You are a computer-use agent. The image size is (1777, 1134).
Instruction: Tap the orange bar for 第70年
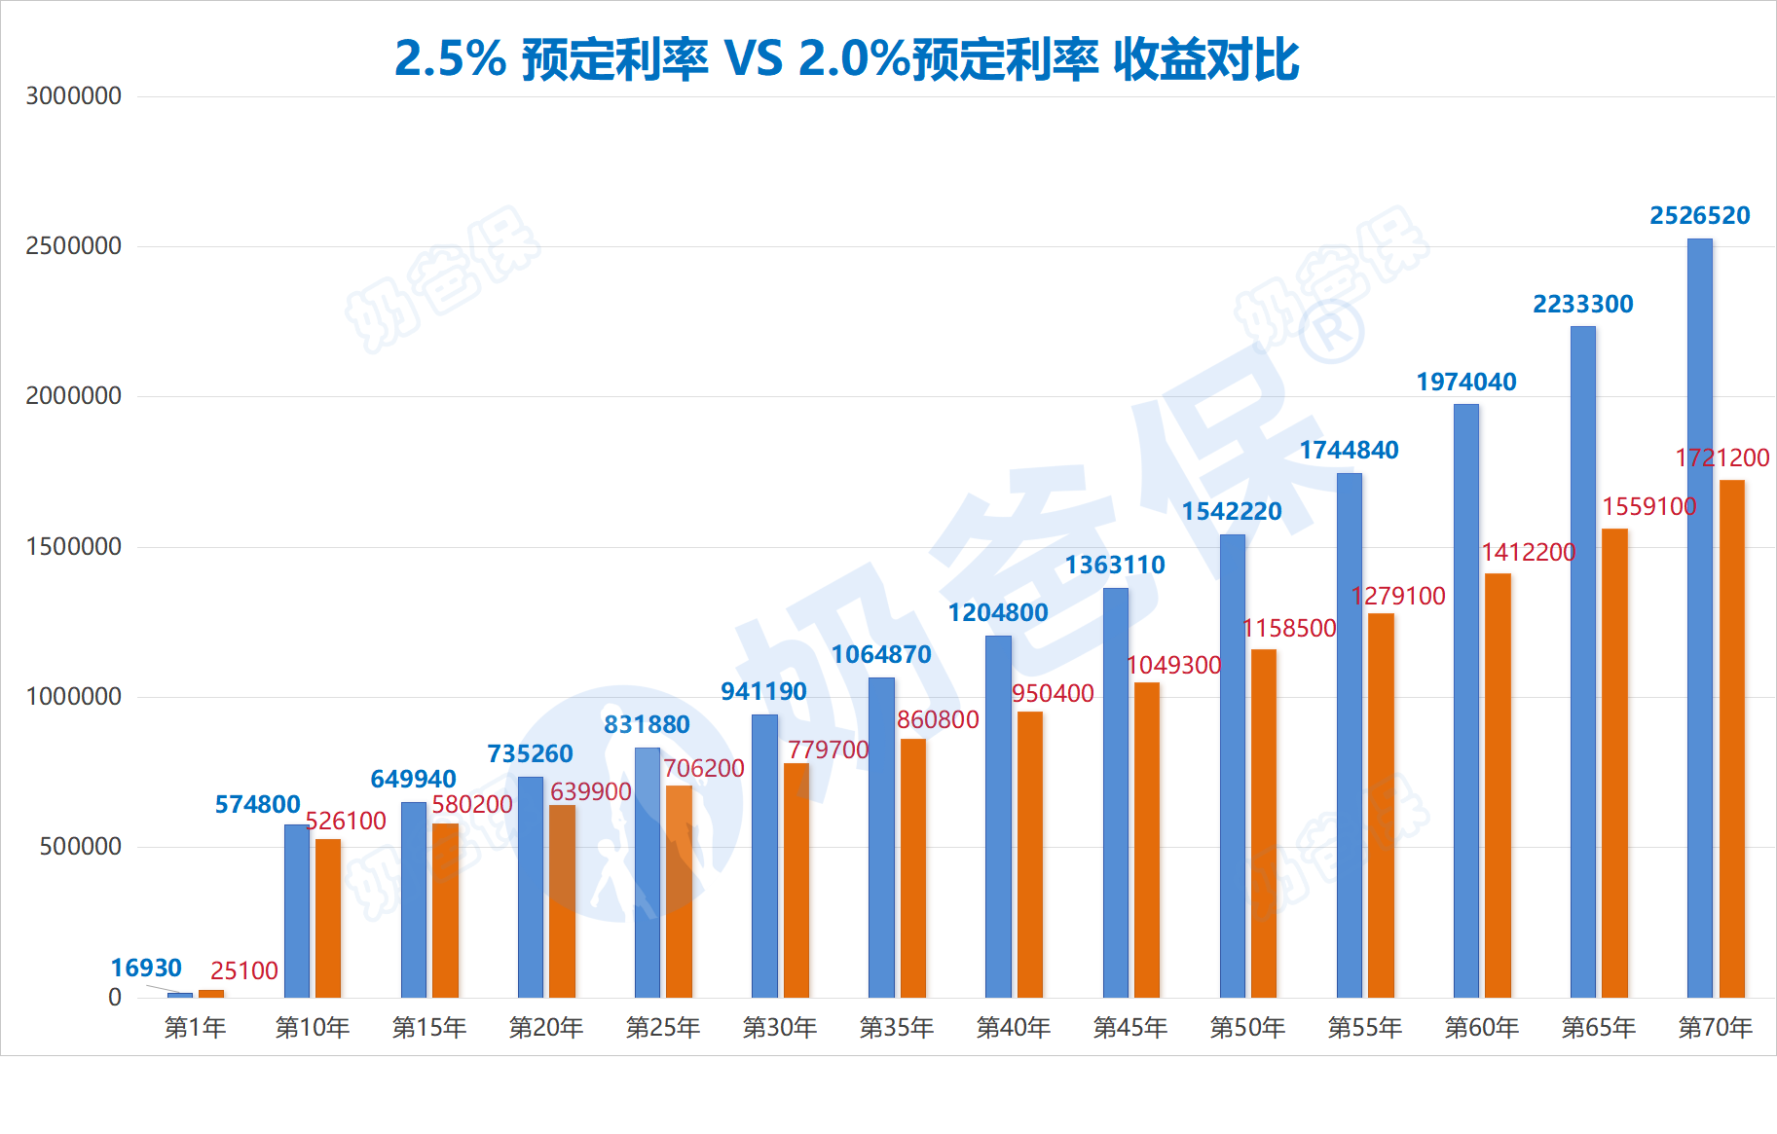[1731, 740]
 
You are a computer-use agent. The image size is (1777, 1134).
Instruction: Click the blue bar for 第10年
[296, 910]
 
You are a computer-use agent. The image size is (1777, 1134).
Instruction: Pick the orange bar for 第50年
[1263, 823]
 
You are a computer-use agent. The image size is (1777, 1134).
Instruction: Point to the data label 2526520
[1699, 215]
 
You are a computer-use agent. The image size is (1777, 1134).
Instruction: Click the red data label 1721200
[1721, 457]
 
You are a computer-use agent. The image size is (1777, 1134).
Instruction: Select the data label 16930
[146, 968]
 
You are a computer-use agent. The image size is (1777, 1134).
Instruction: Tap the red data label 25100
[243, 970]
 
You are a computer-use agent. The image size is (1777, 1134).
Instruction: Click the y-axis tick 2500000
[74, 246]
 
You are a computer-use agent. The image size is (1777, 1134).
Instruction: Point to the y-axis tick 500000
[81, 847]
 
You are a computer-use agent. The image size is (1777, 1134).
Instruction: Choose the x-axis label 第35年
[897, 1027]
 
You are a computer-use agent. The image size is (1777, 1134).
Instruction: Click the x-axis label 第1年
[195, 1027]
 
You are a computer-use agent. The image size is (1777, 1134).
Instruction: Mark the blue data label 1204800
[998, 612]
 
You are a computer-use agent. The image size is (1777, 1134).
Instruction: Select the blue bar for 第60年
[1465, 701]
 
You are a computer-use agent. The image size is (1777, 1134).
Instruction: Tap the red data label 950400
[1053, 693]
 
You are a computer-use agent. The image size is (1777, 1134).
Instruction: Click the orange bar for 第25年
[679, 891]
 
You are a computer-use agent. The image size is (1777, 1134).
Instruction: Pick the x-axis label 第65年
[1598, 1027]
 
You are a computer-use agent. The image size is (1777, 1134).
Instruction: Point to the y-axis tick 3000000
[74, 96]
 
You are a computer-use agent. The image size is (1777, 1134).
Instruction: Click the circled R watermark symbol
[1331, 331]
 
